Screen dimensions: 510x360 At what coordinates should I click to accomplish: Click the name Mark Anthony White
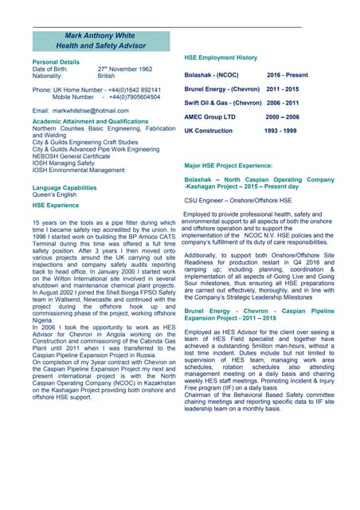click(x=102, y=36)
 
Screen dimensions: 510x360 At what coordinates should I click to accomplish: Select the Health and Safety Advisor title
click(x=102, y=46)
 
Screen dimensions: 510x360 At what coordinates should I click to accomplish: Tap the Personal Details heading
click(x=56, y=61)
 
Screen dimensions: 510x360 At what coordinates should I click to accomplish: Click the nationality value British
click(x=106, y=76)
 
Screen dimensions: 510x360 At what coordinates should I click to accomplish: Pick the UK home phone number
click(x=130, y=90)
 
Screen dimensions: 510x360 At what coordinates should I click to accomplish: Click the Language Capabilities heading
click(x=65, y=187)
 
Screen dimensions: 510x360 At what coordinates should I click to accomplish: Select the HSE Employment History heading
click(x=221, y=58)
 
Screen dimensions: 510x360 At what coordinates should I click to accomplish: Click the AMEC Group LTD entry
click(x=210, y=116)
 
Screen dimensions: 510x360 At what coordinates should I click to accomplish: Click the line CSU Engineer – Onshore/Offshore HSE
click(x=238, y=200)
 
